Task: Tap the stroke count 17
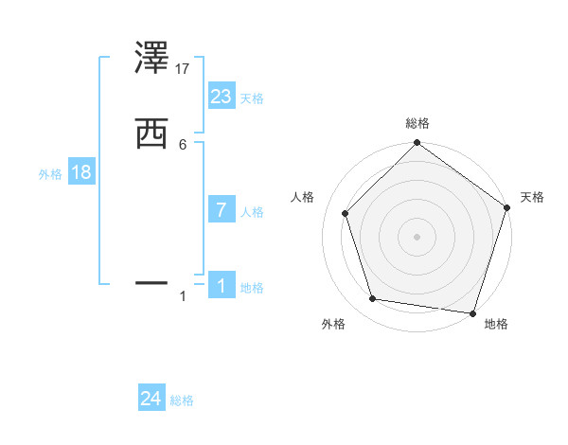[x=184, y=68]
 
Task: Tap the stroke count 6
[x=183, y=144]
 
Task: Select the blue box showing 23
[x=222, y=97]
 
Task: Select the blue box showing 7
[x=222, y=210]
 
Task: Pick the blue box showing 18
[x=81, y=173]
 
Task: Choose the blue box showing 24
[x=151, y=400]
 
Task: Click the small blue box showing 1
[x=222, y=286]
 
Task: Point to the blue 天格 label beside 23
[x=252, y=98]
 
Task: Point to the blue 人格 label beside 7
[x=252, y=212]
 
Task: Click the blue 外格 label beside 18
[x=50, y=174]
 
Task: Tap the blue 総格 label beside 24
[x=182, y=401]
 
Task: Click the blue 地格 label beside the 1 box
[x=252, y=288]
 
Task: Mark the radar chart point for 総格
[x=417, y=144]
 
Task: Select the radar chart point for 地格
[x=472, y=312]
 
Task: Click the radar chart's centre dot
[x=417, y=237]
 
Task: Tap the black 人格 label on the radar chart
[x=303, y=197]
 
